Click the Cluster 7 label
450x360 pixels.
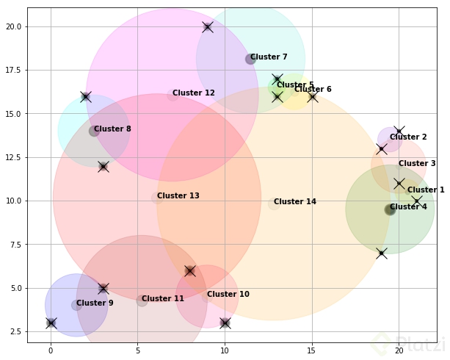tap(269, 57)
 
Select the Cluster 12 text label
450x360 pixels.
tap(194, 93)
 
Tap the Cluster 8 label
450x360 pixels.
tap(112, 129)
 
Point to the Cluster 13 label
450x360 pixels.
tap(178, 196)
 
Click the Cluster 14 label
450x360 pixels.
tap(295, 202)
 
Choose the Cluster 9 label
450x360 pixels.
tap(95, 303)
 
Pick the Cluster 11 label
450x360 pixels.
tap(163, 299)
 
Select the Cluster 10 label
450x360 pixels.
tap(228, 295)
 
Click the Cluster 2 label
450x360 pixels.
tap(408, 137)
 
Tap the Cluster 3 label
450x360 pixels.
tap(417, 164)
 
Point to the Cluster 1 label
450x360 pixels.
tap(426, 190)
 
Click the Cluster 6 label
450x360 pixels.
tap(313, 90)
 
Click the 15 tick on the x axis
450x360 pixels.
tap(312, 351)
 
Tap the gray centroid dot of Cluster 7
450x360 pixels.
tap(250, 59)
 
